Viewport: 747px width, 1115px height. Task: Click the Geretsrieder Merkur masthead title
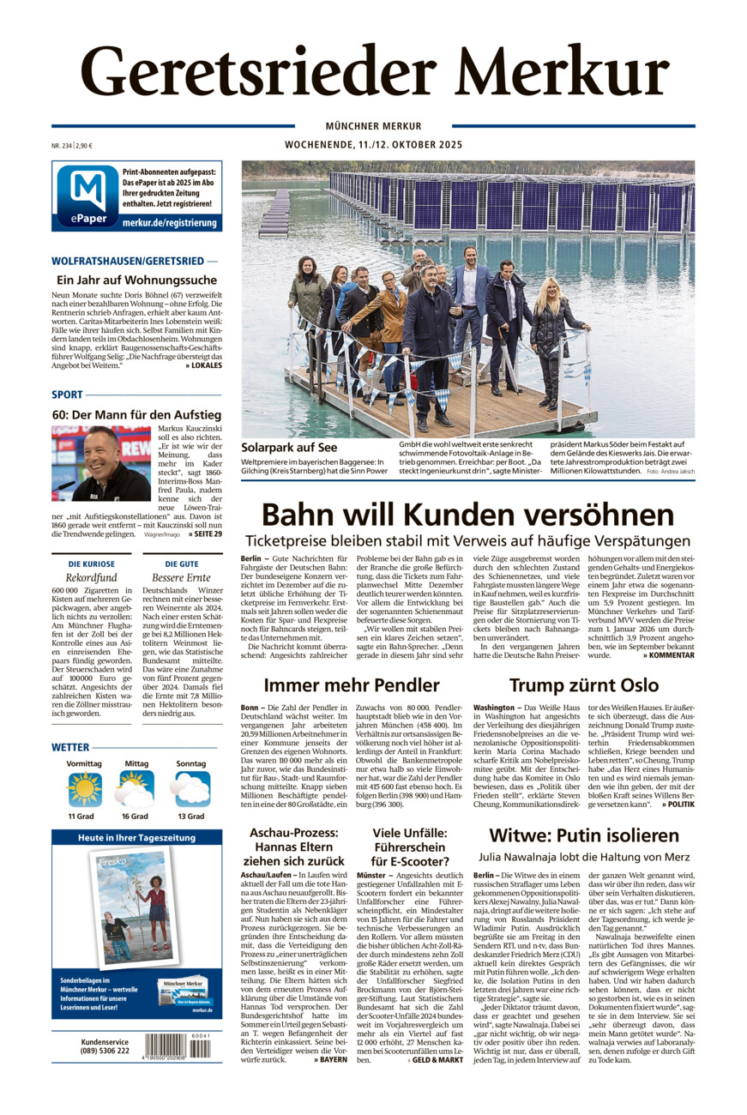[x=374, y=71]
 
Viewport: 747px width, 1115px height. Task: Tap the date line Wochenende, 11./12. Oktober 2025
[x=373, y=145]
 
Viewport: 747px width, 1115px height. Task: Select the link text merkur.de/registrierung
[x=171, y=222]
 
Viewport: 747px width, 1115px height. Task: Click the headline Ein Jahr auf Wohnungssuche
[x=136, y=280]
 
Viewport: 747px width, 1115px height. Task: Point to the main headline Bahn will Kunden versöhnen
[x=467, y=515]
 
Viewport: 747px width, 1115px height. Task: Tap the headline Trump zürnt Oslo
[x=583, y=684]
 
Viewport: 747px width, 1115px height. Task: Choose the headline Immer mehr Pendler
[x=351, y=684]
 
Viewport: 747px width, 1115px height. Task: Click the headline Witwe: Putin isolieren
[x=583, y=835]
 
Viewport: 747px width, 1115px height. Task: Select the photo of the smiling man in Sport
[x=100, y=463]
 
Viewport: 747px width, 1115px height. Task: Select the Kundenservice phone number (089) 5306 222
[x=105, y=1051]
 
